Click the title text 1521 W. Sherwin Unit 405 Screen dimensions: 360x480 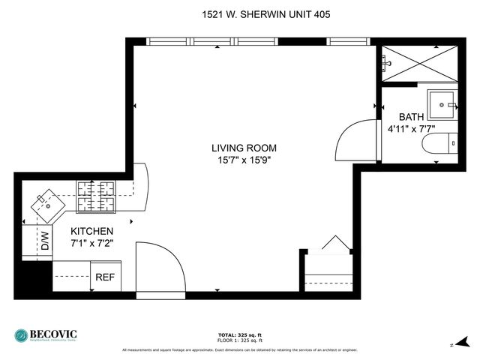[x=240, y=13]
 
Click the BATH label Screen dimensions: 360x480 [x=410, y=117]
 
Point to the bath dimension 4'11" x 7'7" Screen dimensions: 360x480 [x=410, y=129]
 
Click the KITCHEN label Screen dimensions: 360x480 [x=91, y=231]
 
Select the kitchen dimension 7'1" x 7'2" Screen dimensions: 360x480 [x=91, y=243]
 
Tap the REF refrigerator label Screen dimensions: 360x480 [x=105, y=277]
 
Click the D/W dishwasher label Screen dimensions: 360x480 [x=44, y=241]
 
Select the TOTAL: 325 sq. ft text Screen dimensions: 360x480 [x=240, y=334]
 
